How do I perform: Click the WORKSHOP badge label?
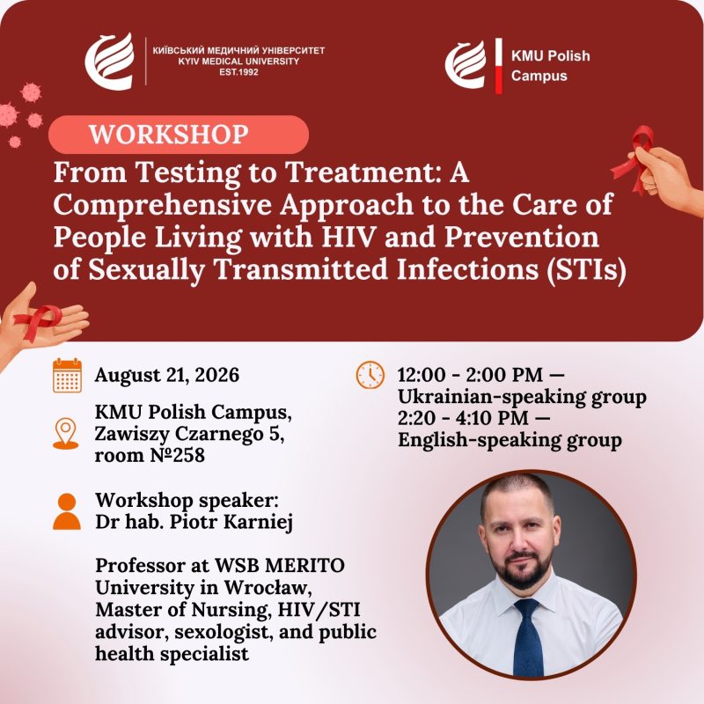[169, 135]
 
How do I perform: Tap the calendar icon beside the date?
[68, 376]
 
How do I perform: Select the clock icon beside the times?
[370, 375]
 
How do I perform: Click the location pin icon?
[65, 433]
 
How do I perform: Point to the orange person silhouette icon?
[67, 511]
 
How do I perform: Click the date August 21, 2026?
[167, 376]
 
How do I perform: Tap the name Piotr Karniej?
[231, 522]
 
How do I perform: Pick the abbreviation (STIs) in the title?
[586, 270]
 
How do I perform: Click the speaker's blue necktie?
[528, 636]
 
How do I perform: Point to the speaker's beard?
[522, 568]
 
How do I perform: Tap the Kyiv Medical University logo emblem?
[109, 62]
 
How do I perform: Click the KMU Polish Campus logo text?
[551, 65]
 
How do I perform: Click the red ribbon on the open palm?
[37, 320]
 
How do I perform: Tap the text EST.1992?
[238, 72]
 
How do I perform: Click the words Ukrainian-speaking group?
[522, 397]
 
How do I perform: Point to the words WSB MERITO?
[280, 566]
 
